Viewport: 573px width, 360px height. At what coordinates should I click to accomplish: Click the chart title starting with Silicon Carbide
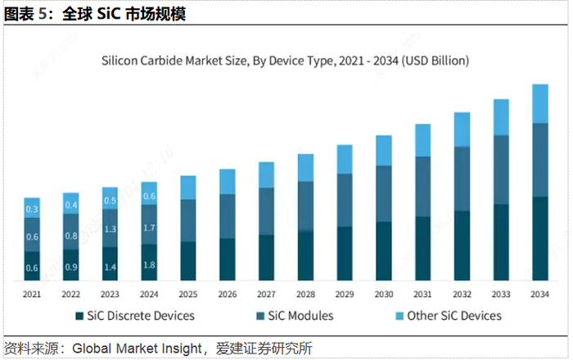284,60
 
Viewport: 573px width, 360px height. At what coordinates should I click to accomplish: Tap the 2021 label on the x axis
32,295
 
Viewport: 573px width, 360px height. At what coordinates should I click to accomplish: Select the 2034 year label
539,295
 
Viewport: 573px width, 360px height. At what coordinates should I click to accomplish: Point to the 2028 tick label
305,295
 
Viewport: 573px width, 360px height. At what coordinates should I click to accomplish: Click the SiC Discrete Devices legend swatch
79,316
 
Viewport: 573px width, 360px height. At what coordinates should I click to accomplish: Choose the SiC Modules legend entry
282,316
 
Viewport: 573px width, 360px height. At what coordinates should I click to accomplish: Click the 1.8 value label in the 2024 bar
149,264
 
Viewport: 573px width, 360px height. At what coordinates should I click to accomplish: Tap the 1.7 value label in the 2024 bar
149,228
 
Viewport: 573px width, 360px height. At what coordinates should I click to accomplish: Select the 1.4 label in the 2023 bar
110,267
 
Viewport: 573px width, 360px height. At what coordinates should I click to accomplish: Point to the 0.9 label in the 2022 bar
71,267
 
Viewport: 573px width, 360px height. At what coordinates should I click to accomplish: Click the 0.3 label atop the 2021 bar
32,210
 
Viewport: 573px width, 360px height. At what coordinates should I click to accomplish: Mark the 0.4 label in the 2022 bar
71,205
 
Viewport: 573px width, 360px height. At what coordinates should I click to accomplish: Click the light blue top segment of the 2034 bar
539,103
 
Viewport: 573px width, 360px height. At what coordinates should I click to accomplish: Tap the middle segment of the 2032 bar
462,178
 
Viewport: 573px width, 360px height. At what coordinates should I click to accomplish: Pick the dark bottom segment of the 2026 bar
227,259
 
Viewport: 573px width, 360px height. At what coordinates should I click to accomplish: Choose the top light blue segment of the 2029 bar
345,159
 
